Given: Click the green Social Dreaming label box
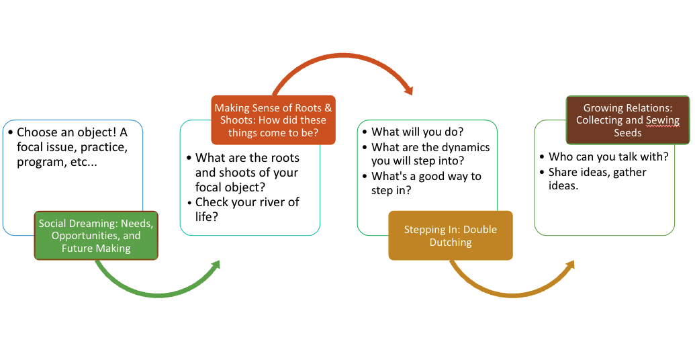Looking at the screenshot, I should pos(96,236).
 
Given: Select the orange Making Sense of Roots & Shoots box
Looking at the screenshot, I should pos(273,120).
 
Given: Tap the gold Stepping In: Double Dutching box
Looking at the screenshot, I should pos(450,236).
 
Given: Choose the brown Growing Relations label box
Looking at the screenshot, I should pos(627,120).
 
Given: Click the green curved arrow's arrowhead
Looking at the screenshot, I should pos(215,267).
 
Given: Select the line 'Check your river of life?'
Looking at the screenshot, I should pos(246,209).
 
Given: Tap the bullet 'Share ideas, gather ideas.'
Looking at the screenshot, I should pos(597,179).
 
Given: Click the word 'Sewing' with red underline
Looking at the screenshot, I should pos(663,120).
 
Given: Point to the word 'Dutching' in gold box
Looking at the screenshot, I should pos(451,242).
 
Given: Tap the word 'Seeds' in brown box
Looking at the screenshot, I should pos(628,132).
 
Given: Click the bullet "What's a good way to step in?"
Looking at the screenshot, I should pos(426,183).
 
